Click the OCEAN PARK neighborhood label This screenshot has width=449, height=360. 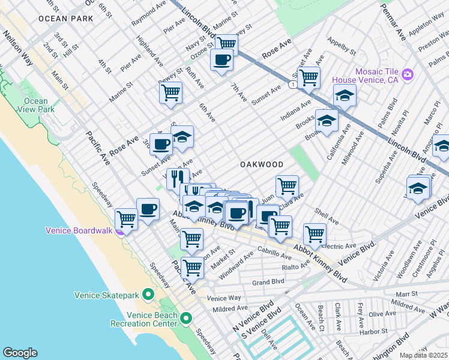[65, 19]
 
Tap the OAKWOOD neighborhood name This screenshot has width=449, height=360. [262, 164]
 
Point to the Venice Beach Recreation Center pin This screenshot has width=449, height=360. [186, 319]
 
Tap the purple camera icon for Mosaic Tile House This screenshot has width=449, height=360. [408, 74]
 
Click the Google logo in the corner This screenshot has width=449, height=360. [20, 352]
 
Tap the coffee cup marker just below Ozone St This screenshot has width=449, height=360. [221, 60]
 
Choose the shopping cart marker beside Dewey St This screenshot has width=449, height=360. [170, 93]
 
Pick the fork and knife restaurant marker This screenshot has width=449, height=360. [177, 178]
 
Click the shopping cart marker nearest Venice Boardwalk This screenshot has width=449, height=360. [126, 219]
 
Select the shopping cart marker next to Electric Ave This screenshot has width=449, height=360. [314, 233]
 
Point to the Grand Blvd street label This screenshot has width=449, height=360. [268, 281]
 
